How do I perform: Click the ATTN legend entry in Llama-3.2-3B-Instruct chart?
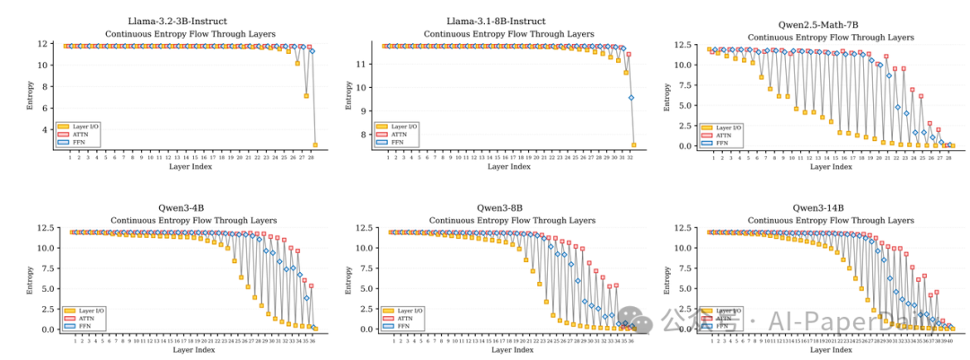(76, 134)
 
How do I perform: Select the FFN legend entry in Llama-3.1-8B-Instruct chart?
(395, 141)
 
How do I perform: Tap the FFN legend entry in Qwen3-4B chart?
(76, 325)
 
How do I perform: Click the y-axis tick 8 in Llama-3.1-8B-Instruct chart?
(364, 135)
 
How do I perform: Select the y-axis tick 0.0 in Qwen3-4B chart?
(46, 329)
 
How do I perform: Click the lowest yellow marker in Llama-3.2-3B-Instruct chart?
(315, 145)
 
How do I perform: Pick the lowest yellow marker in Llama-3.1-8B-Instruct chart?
(634, 145)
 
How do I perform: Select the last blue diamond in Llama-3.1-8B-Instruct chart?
(631, 98)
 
